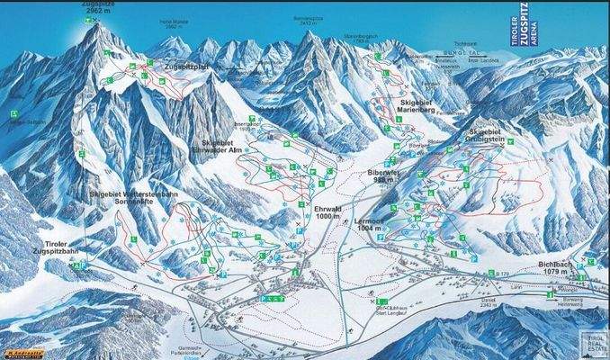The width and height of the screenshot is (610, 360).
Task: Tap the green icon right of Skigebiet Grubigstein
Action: (511, 141)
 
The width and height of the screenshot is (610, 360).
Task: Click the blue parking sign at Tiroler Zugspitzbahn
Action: (84, 266)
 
